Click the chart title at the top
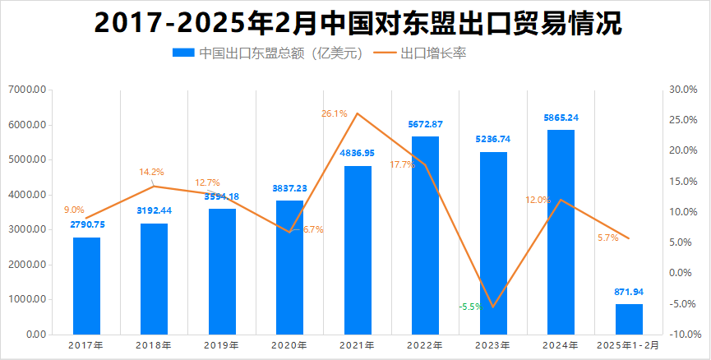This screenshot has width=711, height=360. (355, 23)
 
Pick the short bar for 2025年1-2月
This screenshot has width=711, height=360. (629, 319)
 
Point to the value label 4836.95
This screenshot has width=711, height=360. (358, 153)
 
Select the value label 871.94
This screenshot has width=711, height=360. (629, 292)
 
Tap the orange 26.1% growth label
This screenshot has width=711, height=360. (335, 113)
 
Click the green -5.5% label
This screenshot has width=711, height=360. (470, 307)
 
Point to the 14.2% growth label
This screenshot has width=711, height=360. (151, 172)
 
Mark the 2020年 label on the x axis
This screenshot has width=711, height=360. (289, 345)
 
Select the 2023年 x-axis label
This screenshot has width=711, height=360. (493, 345)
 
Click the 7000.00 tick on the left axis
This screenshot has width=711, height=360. (28, 90)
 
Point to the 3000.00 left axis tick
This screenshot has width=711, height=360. (28, 229)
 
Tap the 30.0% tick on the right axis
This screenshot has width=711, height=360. (685, 90)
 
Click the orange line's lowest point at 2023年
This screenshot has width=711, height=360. (493, 307)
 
